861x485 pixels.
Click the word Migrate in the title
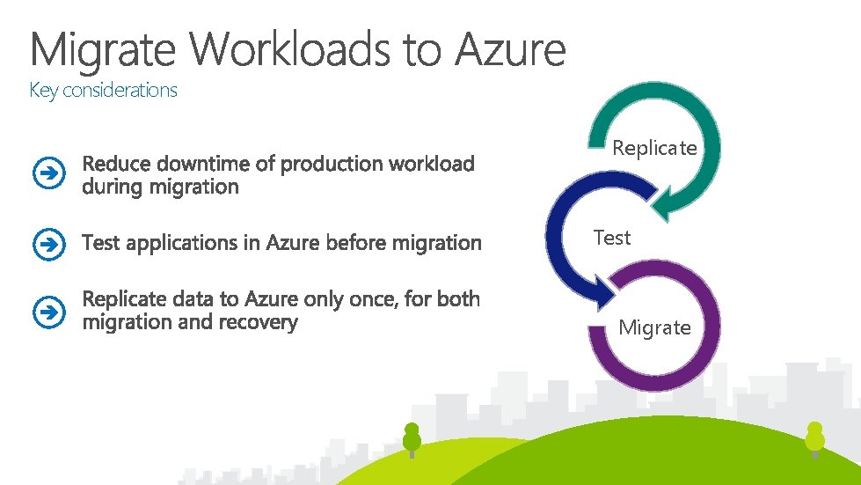(104, 49)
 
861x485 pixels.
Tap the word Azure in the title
(510, 49)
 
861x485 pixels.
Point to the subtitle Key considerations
(104, 90)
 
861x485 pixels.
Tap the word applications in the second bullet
(171, 242)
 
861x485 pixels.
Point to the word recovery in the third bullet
(261, 322)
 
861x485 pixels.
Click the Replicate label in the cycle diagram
(654, 148)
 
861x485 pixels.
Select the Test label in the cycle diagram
(612, 238)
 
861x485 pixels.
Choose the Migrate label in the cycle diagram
(654, 328)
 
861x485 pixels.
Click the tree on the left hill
(412, 438)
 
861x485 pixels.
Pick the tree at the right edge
(815, 437)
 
